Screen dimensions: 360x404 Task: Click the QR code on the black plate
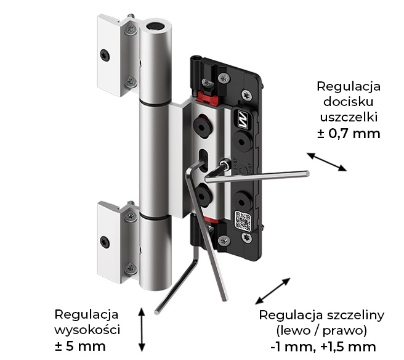[242, 220]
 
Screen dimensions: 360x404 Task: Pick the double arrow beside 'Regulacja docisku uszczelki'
[326, 162]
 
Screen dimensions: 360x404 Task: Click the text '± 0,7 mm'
[349, 133]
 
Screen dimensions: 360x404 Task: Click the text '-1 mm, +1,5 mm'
[322, 346]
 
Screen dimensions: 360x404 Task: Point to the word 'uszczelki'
[349, 117]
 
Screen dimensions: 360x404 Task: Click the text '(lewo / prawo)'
[322, 330]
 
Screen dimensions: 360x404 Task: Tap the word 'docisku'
[349, 100]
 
